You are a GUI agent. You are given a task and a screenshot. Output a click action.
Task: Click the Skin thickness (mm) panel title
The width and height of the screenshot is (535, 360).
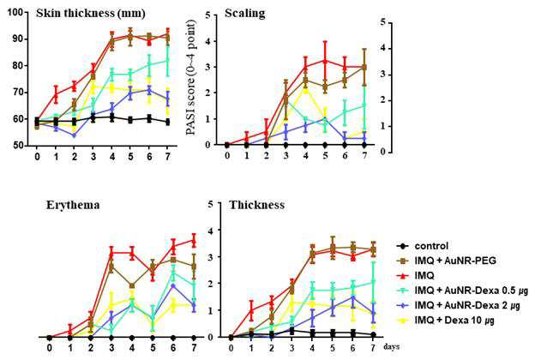coord(91,14)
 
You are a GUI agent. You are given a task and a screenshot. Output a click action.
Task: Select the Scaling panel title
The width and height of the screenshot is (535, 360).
coord(245,14)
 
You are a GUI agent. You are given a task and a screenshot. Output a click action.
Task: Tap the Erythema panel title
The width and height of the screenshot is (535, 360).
coord(73,205)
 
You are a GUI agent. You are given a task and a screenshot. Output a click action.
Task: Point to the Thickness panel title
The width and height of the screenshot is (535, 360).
coord(256,205)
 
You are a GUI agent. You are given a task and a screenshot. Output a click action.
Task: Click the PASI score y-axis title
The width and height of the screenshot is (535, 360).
coord(192,77)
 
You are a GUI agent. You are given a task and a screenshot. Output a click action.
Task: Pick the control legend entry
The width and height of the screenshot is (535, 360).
coord(423,246)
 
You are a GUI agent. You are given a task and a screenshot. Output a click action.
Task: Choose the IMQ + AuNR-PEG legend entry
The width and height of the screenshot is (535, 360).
coord(447,261)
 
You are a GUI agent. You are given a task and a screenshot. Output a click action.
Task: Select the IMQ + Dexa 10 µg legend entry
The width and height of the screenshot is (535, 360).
coord(446,320)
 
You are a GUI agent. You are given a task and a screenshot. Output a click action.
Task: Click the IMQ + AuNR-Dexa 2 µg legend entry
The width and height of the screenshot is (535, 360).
coord(459,305)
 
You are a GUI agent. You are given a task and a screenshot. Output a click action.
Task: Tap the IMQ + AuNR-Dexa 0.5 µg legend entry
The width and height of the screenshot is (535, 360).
coord(462,291)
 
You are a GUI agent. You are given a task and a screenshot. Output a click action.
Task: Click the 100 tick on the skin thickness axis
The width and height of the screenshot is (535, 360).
coord(21,12)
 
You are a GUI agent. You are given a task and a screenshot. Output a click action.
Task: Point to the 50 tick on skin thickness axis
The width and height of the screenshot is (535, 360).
coord(24,146)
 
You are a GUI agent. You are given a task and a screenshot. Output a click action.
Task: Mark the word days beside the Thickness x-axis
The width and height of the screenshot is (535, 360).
coord(391,347)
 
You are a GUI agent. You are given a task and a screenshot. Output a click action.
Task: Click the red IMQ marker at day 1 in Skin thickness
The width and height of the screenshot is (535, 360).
coord(57,93)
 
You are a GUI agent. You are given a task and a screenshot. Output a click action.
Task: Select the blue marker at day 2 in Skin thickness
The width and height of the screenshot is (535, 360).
coord(74,135)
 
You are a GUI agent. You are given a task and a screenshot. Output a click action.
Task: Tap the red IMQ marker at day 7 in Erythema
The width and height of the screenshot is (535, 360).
coord(194,242)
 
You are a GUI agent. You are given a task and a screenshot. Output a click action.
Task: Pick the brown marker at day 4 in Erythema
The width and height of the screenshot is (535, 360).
coord(132,285)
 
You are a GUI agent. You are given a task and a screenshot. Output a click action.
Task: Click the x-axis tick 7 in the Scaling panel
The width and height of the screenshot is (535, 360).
coord(364,155)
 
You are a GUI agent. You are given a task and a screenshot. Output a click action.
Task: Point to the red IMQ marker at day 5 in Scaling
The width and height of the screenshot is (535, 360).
coord(325,61)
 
